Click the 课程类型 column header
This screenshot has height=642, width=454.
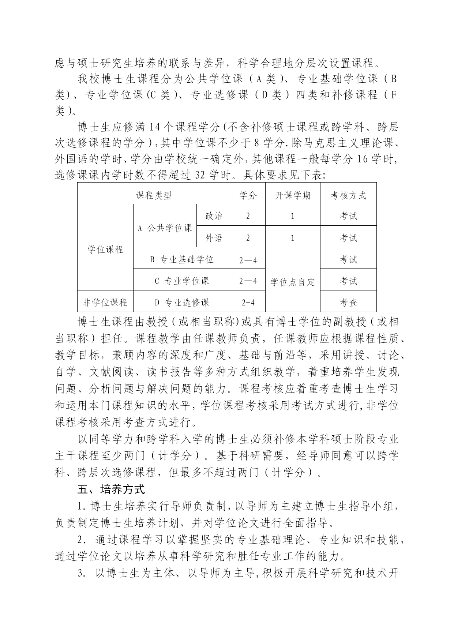pyautogui.click(x=154, y=195)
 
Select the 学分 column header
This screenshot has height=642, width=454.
pyautogui.click(x=248, y=195)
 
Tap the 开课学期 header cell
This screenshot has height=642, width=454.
pyautogui.click(x=293, y=195)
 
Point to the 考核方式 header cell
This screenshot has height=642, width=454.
pyautogui.click(x=348, y=195)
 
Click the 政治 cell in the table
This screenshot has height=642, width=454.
pyautogui.click(x=214, y=216)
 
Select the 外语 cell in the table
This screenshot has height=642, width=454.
pyautogui.click(x=214, y=238)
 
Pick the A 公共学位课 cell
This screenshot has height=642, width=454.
pyautogui.click(x=165, y=228)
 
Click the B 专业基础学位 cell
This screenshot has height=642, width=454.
pyautogui.click(x=182, y=260)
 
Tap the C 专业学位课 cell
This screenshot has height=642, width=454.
pyautogui.click(x=182, y=281)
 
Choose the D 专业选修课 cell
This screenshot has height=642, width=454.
pyautogui.click(x=182, y=303)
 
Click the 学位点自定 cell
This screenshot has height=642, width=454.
pyautogui.click(x=293, y=282)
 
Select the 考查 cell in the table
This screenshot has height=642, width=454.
pyautogui.click(x=348, y=303)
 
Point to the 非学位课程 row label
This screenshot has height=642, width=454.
pyautogui.click(x=105, y=303)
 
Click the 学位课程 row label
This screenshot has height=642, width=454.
pyautogui.click(x=105, y=250)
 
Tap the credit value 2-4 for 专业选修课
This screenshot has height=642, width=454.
pyautogui.click(x=248, y=303)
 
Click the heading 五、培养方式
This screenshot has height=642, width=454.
pyautogui.click(x=112, y=489)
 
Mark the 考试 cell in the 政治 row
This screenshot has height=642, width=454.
pyautogui.click(x=348, y=216)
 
